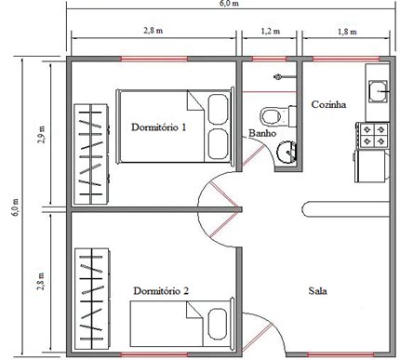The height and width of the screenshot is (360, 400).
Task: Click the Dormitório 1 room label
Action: point(158,127)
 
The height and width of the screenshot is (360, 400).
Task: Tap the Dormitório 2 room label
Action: point(161,291)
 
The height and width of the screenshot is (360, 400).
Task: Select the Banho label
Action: point(262,133)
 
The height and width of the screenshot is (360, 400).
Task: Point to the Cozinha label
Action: point(328,104)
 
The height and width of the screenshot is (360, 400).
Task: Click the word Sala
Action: point(317,291)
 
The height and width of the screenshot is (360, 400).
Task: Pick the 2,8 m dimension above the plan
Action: point(153,31)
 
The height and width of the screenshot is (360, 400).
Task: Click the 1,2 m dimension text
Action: point(271,32)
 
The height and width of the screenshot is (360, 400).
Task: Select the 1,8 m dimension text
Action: point(347,32)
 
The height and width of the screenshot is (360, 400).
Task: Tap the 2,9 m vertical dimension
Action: point(41,135)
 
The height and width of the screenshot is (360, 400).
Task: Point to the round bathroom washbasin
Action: point(286,151)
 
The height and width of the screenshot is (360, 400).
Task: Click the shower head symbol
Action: point(277,76)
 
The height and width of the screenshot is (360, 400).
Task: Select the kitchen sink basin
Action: point(378,91)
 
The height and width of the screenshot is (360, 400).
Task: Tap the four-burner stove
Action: point(373,135)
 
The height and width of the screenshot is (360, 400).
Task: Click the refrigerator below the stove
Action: point(372,166)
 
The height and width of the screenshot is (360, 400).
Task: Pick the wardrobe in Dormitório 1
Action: point(91,154)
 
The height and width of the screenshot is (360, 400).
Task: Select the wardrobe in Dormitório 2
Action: point(92,299)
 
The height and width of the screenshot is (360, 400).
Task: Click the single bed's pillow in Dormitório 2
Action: point(218,324)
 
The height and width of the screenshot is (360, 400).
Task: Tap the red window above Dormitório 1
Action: point(154,59)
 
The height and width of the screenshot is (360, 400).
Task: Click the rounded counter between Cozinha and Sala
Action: point(345,209)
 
